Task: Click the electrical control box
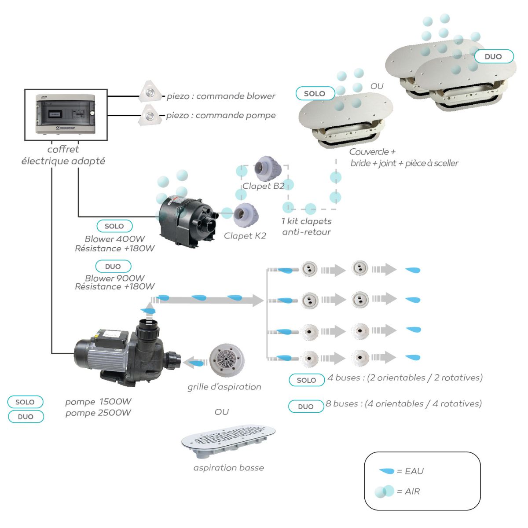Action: (66, 115)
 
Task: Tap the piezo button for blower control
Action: (150, 92)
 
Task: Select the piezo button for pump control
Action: (150, 115)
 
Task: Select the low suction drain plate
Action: (229, 441)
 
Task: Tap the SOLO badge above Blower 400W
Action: (114, 226)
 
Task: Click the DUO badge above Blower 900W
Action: (113, 266)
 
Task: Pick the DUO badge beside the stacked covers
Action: (493, 56)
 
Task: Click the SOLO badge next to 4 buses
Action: (306, 380)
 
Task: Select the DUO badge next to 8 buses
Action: (305, 407)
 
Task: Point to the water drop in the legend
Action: (387, 471)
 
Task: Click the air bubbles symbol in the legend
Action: (385, 491)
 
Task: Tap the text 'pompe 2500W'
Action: (98, 413)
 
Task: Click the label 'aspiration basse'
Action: (229, 468)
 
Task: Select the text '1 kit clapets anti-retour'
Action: (307, 227)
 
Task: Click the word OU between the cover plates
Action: (377, 86)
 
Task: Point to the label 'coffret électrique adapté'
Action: (63, 155)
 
